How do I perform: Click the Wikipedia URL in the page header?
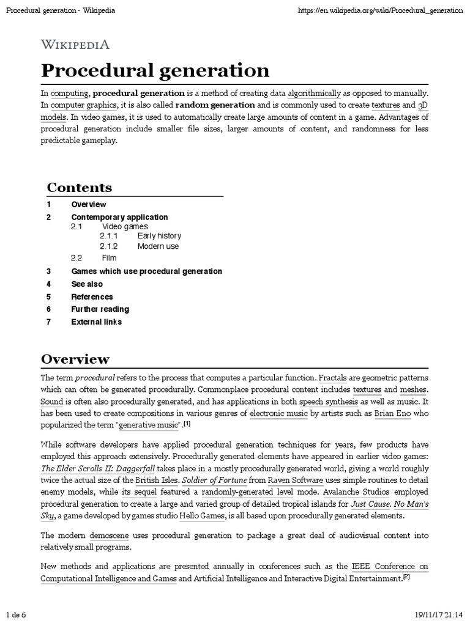[x=379, y=11]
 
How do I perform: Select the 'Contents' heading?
[x=80, y=188]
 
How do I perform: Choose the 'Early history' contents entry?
[x=159, y=236]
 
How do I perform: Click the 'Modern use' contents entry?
[x=158, y=246]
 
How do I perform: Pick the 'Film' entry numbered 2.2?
[x=109, y=258]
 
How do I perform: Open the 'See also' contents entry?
[x=87, y=284]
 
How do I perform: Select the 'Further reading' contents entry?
[x=100, y=309]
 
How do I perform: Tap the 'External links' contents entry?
[x=96, y=322]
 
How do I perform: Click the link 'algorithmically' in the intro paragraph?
[x=314, y=94]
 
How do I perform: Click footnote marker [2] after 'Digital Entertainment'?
[x=406, y=576]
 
